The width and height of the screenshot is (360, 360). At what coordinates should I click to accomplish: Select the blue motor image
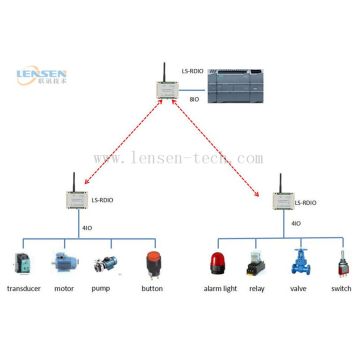66,265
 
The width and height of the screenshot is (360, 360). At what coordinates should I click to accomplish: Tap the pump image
108,265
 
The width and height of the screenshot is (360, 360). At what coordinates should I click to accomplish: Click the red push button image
153,264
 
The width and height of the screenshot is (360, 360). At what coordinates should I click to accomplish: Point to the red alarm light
217,264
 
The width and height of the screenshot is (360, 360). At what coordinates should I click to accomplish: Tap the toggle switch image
340,264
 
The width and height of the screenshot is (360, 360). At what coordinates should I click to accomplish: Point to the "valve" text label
299,290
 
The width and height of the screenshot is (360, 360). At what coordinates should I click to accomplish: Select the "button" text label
152,290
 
